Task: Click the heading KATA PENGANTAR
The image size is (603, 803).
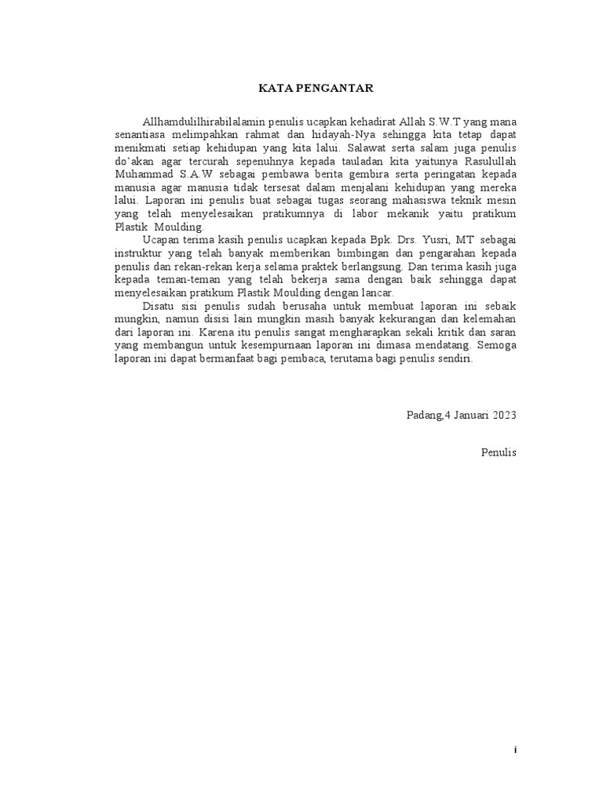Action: tap(318, 88)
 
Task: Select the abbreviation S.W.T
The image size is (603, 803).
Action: tap(445, 122)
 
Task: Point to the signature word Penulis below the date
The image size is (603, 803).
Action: tap(499, 452)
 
